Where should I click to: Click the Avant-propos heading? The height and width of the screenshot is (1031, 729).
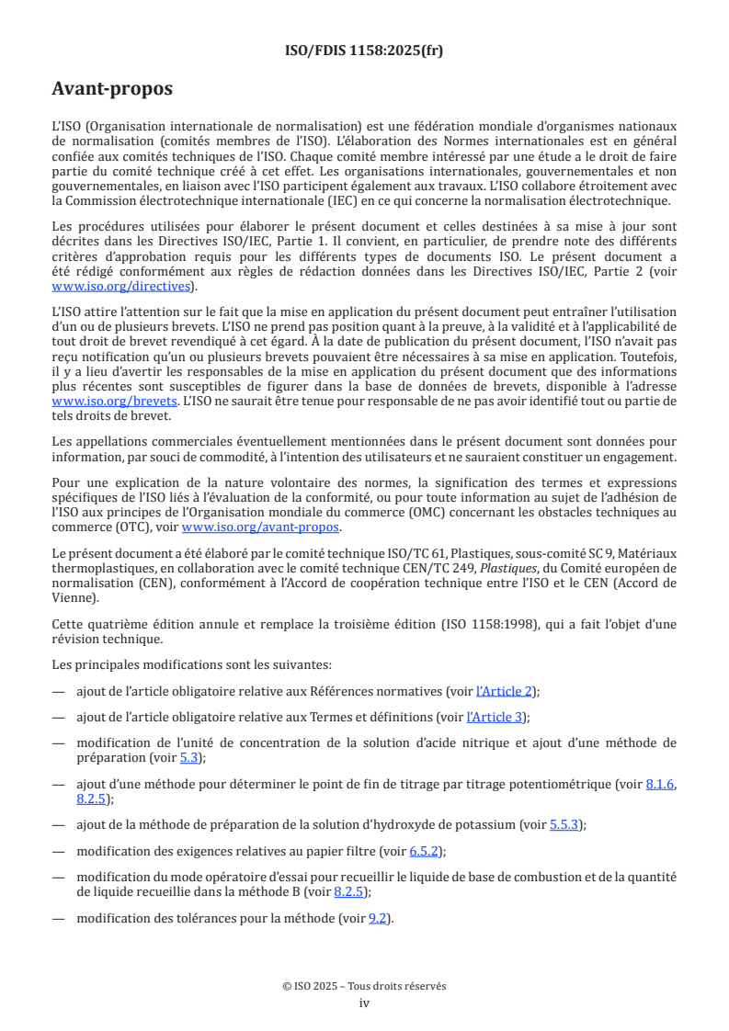(112, 90)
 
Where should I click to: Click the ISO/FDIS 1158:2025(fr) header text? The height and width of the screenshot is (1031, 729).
(364, 51)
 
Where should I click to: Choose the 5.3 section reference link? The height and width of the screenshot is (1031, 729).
(188, 758)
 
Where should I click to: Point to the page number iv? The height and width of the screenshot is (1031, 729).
(364, 1003)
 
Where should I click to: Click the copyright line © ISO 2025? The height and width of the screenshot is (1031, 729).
(364, 986)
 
